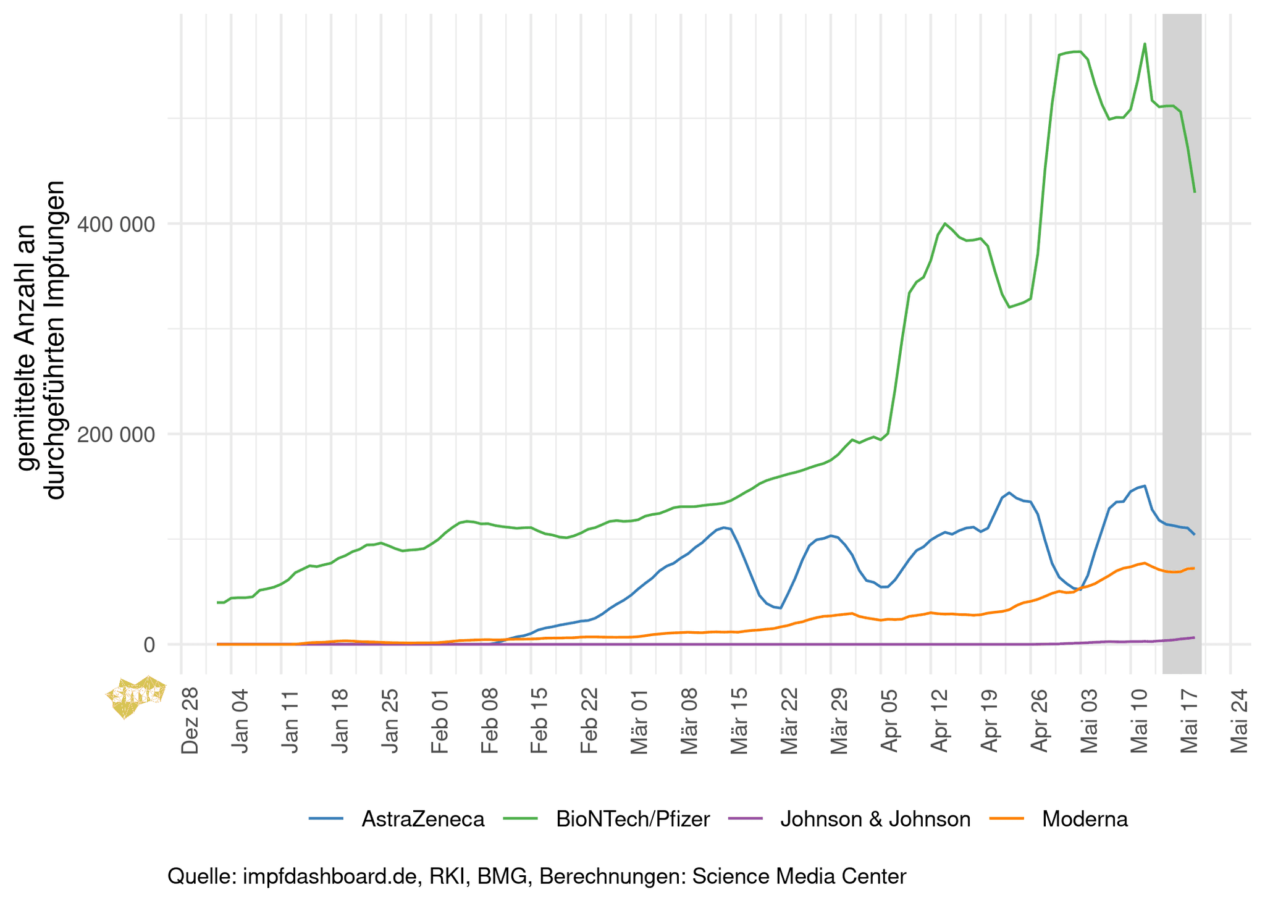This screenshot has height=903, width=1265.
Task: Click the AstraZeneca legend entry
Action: tap(422, 819)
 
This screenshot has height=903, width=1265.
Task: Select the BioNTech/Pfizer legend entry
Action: tap(632, 819)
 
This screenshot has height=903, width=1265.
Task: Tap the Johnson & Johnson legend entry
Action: tap(875, 819)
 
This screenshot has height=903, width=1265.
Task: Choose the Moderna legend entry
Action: tap(1085, 819)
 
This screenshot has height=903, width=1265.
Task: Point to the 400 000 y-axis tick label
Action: tap(116, 224)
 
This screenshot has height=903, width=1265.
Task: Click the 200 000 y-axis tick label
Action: tap(116, 434)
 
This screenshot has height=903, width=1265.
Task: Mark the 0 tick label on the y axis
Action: tap(149, 645)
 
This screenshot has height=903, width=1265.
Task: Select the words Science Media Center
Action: tap(799, 876)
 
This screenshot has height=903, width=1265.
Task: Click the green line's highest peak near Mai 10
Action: tap(1145, 44)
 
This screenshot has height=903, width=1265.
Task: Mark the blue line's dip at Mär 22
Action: tap(781, 608)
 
